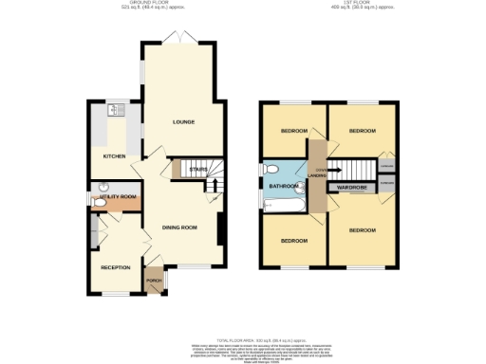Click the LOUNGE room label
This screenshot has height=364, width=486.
[183, 122]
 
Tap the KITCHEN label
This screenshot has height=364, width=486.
[115, 155]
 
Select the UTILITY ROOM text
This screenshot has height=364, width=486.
[112, 196]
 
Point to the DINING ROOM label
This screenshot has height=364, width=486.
[178, 227]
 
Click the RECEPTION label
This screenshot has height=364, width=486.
[116, 266]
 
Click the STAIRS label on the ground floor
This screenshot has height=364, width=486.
[198, 170]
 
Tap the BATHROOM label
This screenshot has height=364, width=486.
[283, 187]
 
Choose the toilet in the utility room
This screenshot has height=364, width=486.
[102, 187]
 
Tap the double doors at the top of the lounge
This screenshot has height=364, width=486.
[178, 38]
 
